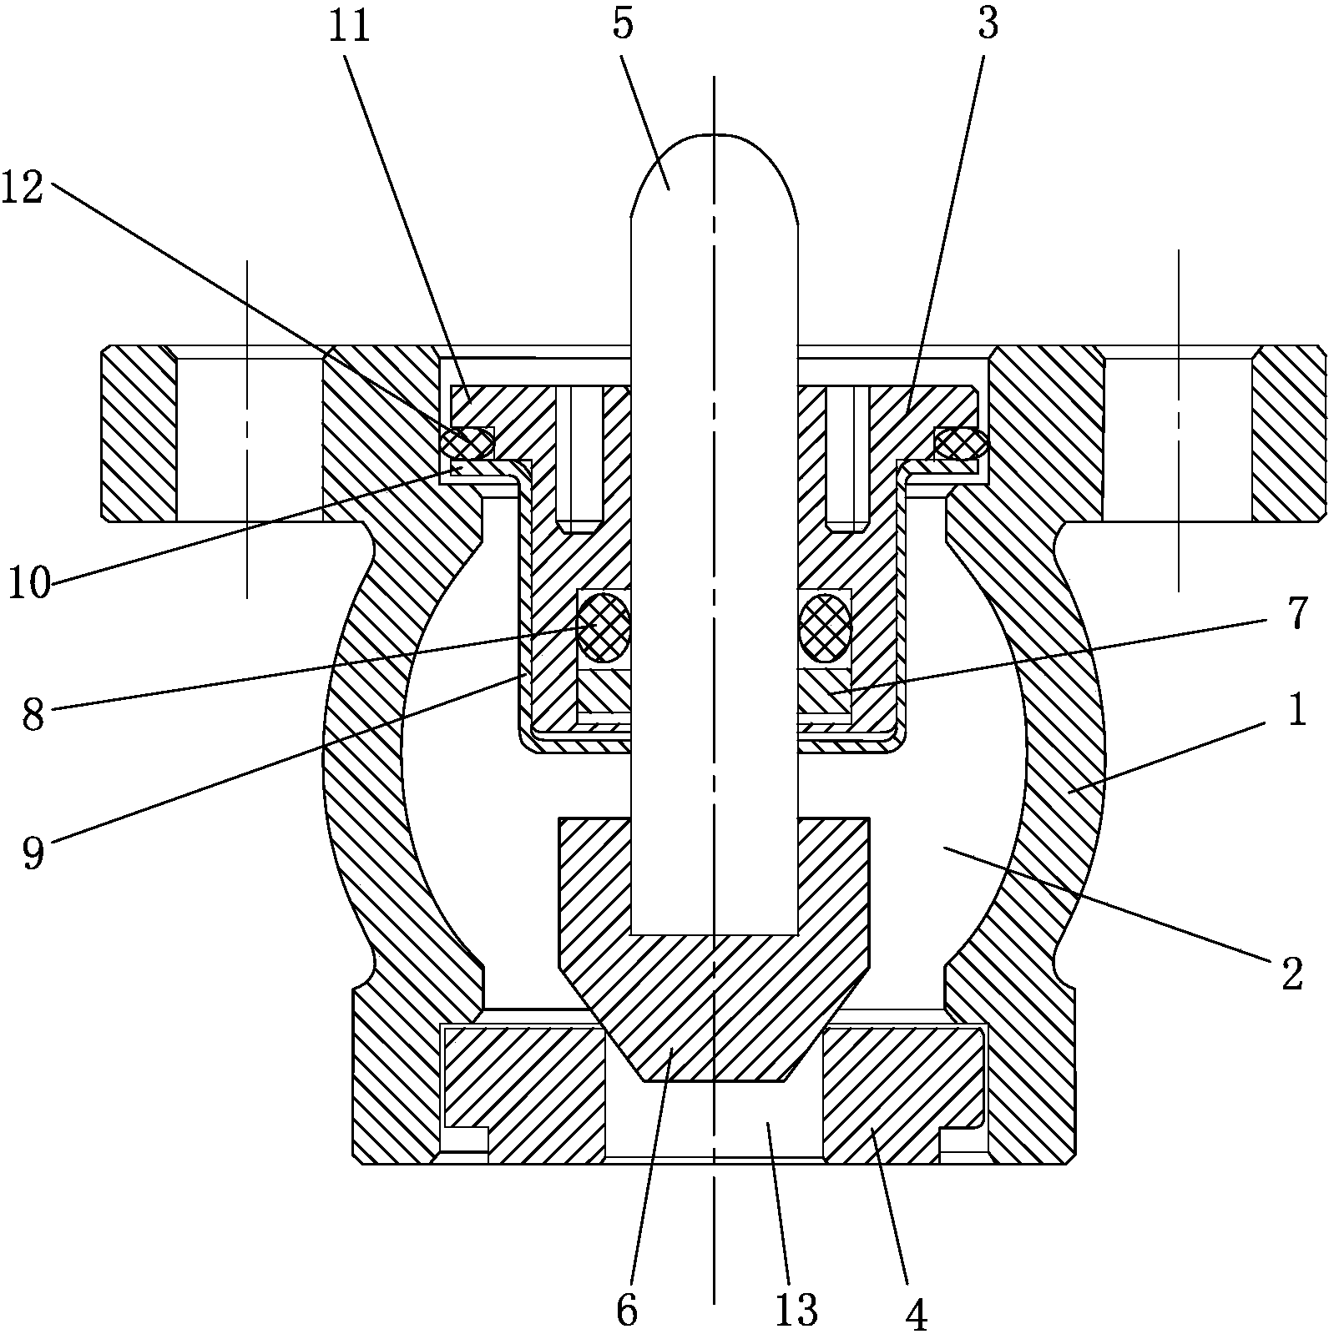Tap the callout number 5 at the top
click(623, 24)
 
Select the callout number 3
click(988, 24)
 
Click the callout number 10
click(29, 583)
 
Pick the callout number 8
click(33, 716)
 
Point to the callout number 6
click(627, 1311)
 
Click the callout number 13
click(796, 1311)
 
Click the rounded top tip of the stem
click(714, 146)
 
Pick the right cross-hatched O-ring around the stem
click(825, 626)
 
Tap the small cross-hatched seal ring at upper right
click(960, 443)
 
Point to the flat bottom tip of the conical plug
click(715, 1077)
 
